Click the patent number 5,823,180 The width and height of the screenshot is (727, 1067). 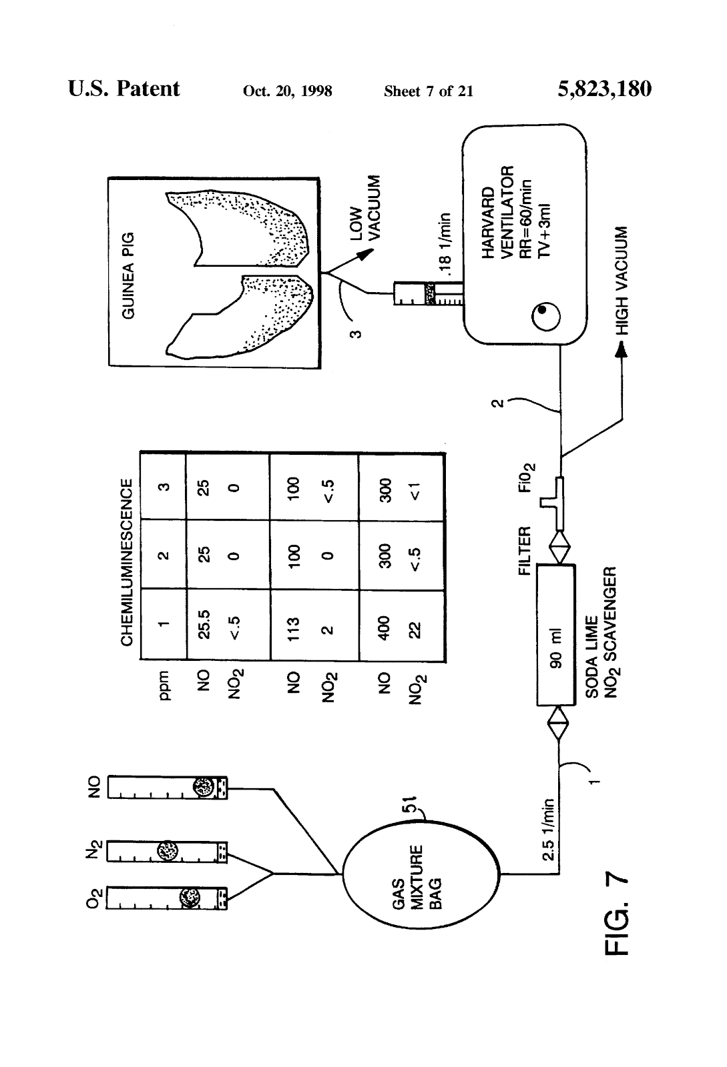pyautogui.click(x=603, y=89)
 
